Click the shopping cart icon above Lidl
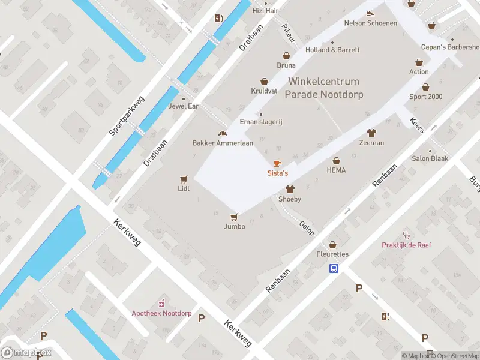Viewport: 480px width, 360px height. coord(184,179)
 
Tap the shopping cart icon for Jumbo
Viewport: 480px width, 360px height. coord(235,217)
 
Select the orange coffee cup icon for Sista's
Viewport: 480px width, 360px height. coord(277,163)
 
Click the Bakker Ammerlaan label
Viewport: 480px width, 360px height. coord(223,143)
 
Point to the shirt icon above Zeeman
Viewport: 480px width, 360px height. coord(371,133)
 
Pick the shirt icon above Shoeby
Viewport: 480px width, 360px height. coord(290,189)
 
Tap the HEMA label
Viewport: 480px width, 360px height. coord(337,170)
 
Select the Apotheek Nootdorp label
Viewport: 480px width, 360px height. coord(161,313)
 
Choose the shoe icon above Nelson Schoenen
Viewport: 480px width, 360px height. coord(370,13)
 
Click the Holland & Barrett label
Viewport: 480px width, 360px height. coord(332,50)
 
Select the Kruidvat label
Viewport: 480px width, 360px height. coord(263,91)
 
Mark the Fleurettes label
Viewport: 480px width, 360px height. coord(332,254)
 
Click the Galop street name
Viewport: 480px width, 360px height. coord(307,227)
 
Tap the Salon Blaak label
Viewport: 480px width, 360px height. coord(430,159)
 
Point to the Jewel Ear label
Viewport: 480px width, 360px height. coord(184,107)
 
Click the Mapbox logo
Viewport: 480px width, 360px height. coord(26,353)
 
